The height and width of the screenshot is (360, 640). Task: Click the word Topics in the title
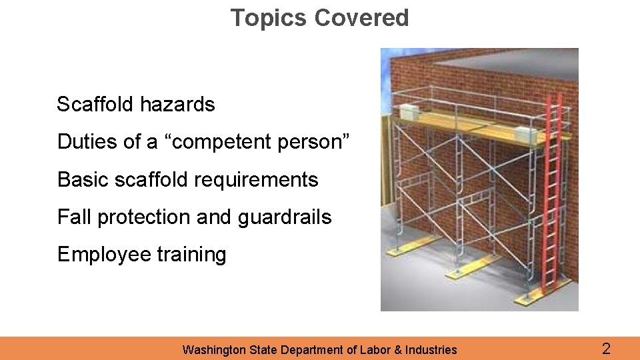click(269, 18)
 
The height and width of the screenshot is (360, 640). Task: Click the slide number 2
click(606, 348)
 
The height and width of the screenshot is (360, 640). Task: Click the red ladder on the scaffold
click(552, 193)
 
